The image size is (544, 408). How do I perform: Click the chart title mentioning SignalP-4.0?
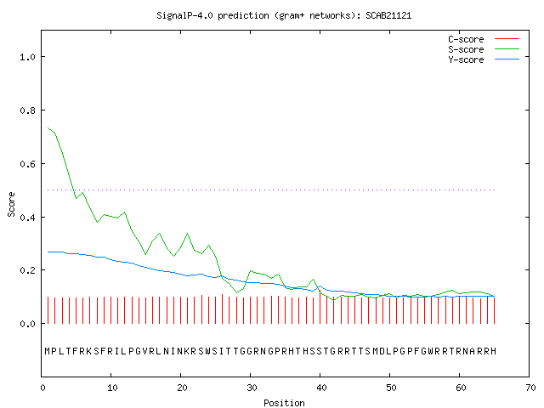(x=284, y=16)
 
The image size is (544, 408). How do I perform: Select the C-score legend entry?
(x=484, y=39)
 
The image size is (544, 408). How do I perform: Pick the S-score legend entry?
(x=484, y=49)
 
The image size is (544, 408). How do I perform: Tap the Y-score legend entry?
(x=484, y=59)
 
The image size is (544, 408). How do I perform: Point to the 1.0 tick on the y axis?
(x=28, y=57)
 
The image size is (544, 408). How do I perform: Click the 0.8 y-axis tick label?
(x=28, y=110)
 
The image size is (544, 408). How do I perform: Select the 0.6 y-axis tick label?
(x=28, y=164)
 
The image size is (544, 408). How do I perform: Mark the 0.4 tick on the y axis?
(x=28, y=218)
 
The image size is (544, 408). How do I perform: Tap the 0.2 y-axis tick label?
(x=28, y=270)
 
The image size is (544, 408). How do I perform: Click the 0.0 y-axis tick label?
(x=28, y=324)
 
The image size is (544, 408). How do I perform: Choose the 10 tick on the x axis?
(x=112, y=388)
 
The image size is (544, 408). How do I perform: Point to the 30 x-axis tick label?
(x=252, y=388)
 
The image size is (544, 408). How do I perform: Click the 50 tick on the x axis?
(x=391, y=388)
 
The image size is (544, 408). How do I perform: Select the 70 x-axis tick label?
(x=530, y=388)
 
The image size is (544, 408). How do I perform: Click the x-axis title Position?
(x=284, y=403)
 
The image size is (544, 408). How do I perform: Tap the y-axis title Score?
(x=11, y=204)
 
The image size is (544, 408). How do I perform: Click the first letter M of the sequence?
(x=48, y=351)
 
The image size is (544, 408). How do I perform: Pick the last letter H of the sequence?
(x=493, y=351)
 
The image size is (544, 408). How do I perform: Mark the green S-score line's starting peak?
(x=48, y=127)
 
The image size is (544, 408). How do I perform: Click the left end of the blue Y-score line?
(x=48, y=252)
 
